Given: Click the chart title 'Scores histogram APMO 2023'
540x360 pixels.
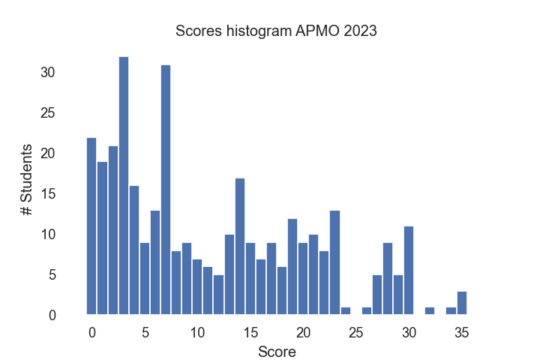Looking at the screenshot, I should click(275, 31).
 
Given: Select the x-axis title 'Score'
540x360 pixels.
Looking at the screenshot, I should click(276, 352).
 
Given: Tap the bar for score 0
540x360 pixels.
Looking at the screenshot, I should click(91, 226).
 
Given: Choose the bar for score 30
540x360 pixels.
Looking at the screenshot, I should click(409, 270).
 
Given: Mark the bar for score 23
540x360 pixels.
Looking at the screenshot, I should click(335, 262).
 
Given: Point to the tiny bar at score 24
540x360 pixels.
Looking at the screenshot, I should click(346, 310).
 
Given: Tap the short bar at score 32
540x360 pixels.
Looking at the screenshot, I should click(430, 310).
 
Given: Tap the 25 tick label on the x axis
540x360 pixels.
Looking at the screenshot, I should click(356, 333).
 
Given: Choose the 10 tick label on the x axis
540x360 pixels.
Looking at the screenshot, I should click(197, 333).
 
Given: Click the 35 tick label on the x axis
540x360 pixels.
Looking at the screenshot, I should click(462, 333).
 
